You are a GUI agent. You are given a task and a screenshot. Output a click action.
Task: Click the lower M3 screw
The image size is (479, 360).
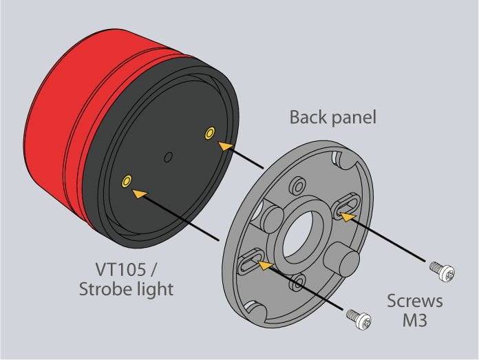(359, 317)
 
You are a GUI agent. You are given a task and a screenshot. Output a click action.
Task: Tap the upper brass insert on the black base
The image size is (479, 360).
(209, 131)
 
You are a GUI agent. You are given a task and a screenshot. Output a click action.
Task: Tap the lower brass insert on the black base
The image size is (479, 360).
(125, 180)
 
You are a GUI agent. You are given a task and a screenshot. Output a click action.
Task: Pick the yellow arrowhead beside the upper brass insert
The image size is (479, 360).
(222, 145)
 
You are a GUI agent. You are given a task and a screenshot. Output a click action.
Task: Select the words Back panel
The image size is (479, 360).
(333, 117)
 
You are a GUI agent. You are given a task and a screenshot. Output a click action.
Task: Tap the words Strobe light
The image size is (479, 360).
(125, 288)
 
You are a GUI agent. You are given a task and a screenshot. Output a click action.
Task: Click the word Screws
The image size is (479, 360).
(414, 301)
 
